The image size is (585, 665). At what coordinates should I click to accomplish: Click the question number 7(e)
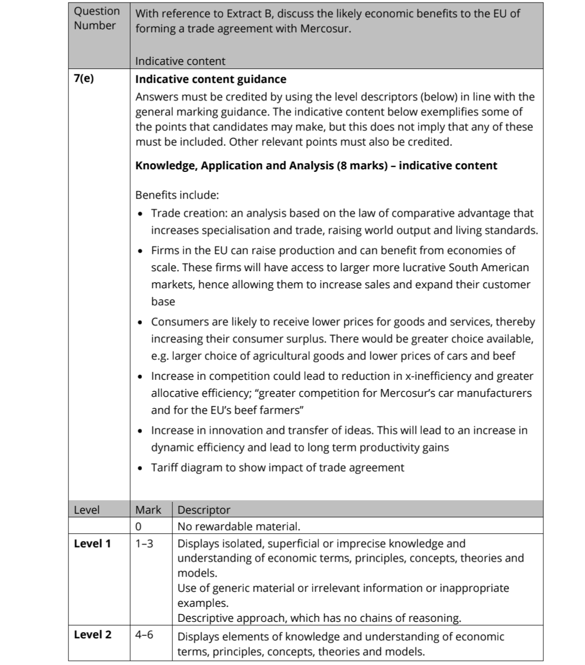click(84, 79)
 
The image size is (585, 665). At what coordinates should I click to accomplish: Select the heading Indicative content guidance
click(210, 79)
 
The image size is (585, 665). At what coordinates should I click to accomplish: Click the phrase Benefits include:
click(177, 195)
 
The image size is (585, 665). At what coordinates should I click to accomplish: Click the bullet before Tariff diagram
click(141, 468)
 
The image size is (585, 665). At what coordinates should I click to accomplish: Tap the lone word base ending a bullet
click(163, 302)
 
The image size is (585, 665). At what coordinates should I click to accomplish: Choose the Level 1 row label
click(92, 544)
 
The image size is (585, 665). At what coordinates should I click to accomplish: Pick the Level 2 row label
click(92, 635)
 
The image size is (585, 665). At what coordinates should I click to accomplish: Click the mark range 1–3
click(144, 544)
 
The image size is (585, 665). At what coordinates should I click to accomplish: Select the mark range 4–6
click(144, 635)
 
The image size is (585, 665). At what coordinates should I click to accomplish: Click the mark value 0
click(138, 527)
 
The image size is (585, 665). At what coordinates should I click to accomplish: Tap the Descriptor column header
click(204, 510)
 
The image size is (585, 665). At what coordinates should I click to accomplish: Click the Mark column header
click(148, 510)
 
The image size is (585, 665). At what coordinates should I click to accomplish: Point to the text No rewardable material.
click(238, 527)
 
